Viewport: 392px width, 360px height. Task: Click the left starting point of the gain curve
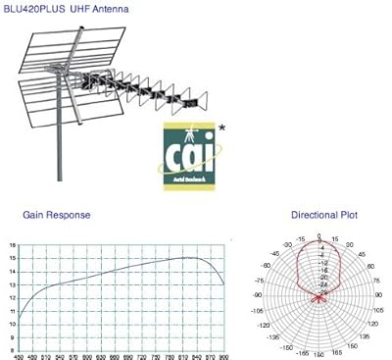coord(20,315)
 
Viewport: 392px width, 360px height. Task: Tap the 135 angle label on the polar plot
coord(366,335)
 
